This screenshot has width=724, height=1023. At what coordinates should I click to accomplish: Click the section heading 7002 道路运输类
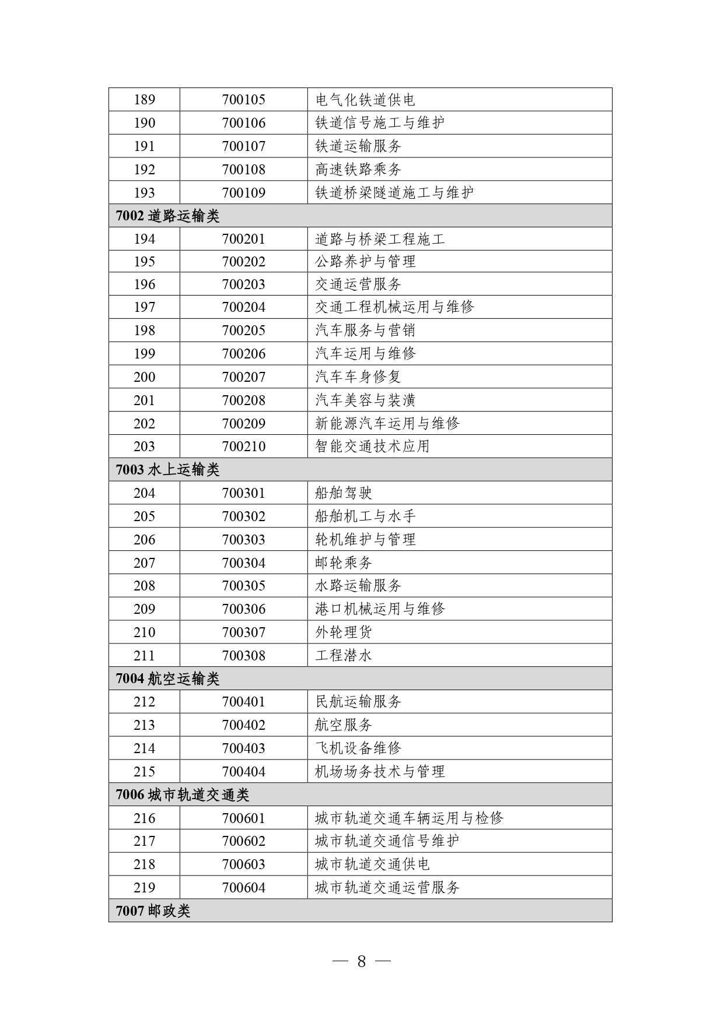(168, 216)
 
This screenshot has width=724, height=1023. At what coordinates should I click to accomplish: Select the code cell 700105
(243, 100)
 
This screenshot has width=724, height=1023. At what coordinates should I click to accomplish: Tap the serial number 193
(144, 192)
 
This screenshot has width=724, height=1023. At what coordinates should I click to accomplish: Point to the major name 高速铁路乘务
(358, 170)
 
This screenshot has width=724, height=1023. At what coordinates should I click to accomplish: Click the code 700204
(243, 307)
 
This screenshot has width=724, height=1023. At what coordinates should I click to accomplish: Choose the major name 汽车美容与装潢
(365, 400)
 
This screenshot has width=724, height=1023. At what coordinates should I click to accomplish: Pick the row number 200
(144, 377)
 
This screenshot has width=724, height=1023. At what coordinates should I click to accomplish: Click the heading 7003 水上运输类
(168, 469)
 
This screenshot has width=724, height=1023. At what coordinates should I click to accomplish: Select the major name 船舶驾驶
(344, 493)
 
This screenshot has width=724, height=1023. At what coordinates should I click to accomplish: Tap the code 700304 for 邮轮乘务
(243, 563)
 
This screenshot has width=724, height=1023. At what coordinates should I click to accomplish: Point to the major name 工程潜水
(344, 656)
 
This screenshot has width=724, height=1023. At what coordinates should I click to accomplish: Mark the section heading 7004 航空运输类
(168, 679)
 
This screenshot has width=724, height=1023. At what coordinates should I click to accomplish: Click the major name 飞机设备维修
(358, 748)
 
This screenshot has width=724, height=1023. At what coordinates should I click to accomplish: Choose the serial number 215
(144, 772)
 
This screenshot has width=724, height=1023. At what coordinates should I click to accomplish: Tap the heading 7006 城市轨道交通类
(183, 795)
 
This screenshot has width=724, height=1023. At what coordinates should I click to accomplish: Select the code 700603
(243, 864)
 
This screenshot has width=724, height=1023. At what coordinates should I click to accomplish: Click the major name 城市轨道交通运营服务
(387, 888)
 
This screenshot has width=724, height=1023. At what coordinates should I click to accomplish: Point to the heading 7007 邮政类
(153, 910)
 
